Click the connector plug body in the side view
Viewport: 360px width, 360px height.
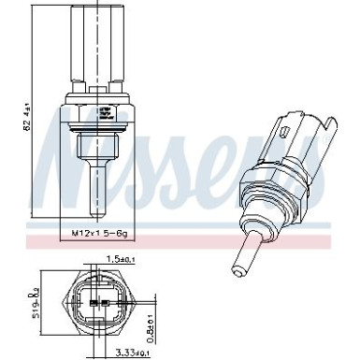[x=96, y=47]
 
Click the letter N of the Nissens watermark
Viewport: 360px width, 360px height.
[x=70, y=173]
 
